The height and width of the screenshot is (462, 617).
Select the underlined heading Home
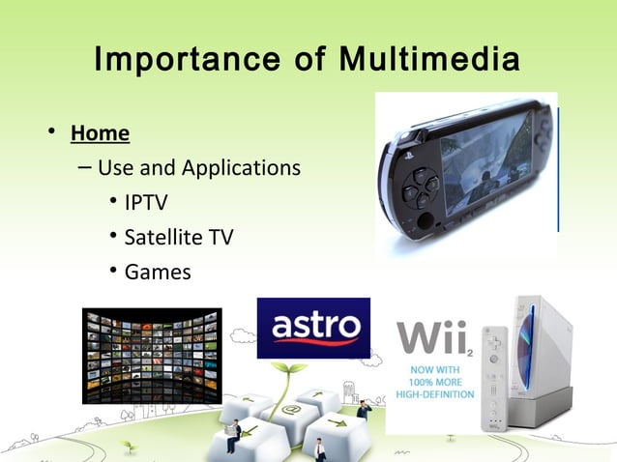click(x=100, y=131)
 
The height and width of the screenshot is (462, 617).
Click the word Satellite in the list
click(x=162, y=237)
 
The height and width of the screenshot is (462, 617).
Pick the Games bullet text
click(x=158, y=272)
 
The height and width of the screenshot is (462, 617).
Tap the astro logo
click(x=313, y=328)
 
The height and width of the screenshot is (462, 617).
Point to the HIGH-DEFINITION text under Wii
click(x=434, y=394)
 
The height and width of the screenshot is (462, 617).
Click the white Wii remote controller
click(x=494, y=377)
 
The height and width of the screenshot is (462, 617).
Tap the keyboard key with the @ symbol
click(x=290, y=411)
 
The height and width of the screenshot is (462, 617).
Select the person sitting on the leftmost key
click(x=233, y=435)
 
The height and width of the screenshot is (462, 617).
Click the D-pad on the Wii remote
click(x=495, y=339)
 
